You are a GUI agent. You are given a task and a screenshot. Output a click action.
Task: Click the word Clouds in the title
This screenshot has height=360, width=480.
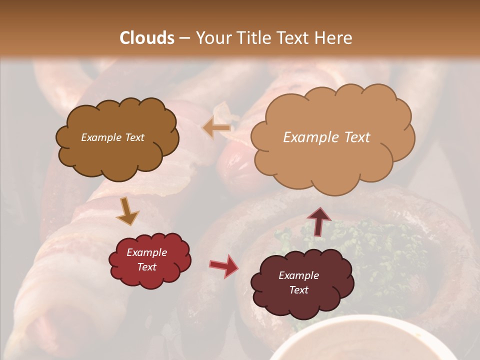[x=147, y=38]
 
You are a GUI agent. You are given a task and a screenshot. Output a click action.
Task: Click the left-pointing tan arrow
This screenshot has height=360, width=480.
[x=216, y=128]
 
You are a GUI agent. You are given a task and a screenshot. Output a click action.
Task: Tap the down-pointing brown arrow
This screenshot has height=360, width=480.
[x=127, y=211]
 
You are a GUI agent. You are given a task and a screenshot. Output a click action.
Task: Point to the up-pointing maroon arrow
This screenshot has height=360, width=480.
[x=319, y=221]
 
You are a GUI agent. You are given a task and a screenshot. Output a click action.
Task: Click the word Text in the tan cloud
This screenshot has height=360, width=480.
[x=357, y=137]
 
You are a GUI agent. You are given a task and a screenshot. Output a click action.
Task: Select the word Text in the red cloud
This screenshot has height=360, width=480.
[x=146, y=267]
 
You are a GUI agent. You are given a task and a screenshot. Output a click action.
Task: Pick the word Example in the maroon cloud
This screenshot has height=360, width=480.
[x=298, y=275]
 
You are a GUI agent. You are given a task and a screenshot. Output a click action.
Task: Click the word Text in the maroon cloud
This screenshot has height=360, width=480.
[x=298, y=290]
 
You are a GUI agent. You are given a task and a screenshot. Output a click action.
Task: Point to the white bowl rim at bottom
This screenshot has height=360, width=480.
[x=360, y=320]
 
